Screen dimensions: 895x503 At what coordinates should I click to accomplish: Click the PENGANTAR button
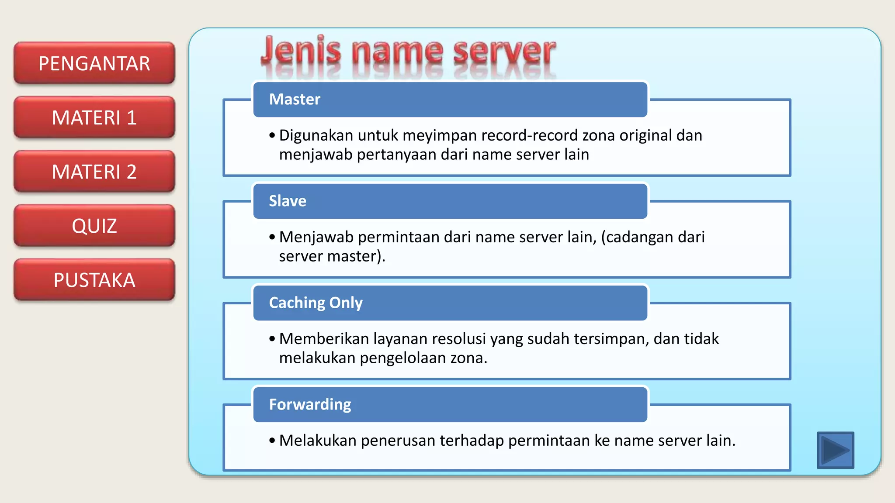coord(94,63)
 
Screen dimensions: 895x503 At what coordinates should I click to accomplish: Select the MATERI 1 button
coord(94,117)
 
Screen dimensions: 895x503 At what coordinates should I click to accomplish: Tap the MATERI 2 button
coord(94,172)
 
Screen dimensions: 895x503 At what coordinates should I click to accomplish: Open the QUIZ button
coord(94,226)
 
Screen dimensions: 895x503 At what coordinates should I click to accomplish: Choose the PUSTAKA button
coord(94,280)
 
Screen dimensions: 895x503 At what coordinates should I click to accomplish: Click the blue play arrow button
coord(835,450)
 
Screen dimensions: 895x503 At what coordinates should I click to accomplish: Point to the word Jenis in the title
coord(301,51)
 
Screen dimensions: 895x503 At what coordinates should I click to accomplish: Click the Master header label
coord(295,100)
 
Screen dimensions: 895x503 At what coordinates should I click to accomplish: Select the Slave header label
coord(288,201)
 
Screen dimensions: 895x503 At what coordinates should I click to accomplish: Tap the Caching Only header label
coord(316,303)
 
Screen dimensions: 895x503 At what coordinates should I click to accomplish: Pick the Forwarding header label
coord(310,404)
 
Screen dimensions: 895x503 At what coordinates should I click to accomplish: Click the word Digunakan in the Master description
coord(317,136)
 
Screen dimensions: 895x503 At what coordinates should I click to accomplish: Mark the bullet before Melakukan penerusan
coord(272,441)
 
